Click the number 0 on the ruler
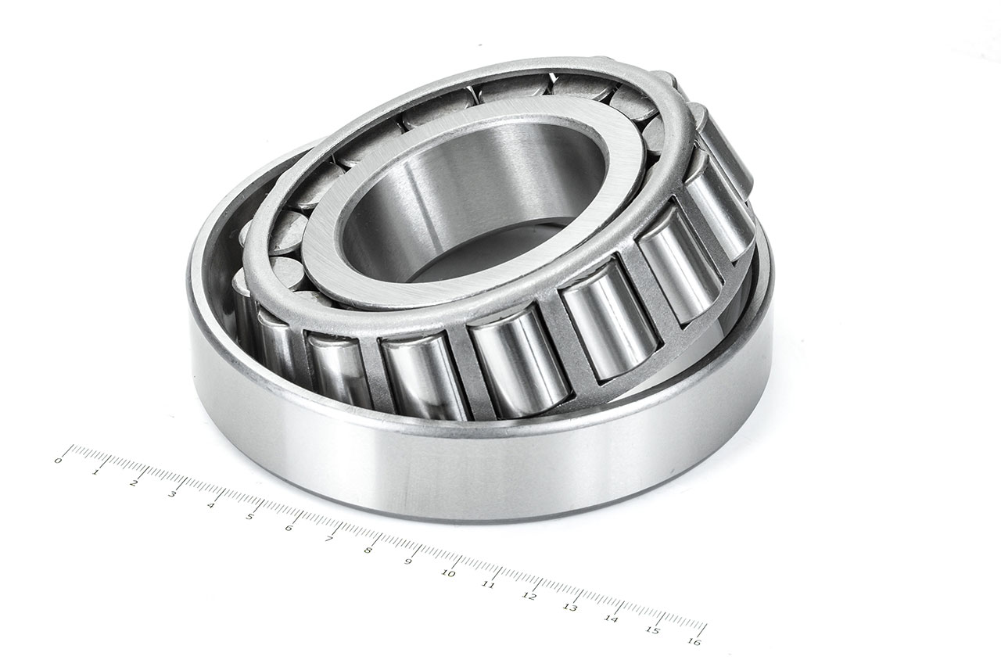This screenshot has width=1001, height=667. [x=57, y=461]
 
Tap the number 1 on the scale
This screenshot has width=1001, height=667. [x=95, y=472]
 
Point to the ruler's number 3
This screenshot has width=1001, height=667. [x=172, y=493]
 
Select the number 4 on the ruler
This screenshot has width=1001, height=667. [x=211, y=504]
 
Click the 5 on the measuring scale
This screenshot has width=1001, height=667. [x=249, y=516]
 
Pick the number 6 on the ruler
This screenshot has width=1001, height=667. [x=289, y=527]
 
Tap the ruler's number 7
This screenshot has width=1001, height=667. [x=328, y=539]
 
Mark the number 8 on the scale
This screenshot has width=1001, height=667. [x=368, y=550]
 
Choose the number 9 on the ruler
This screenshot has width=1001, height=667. [x=407, y=561]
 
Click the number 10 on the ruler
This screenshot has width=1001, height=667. [x=447, y=573]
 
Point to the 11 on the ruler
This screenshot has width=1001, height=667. [x=488, y=584]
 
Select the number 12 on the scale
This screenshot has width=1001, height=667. [x=529, y=596]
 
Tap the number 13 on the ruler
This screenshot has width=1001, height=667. [x=569, y=608]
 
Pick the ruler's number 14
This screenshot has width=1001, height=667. [x=611, y=619]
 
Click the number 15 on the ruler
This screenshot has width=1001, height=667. [x=652, y=631]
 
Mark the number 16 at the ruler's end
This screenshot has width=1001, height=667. [x=694, y=643]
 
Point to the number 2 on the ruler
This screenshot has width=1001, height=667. [x=134, y=482]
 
